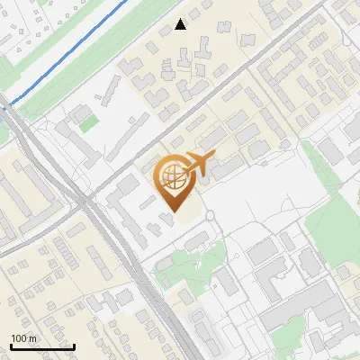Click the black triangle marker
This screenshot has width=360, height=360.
tap(180, 24)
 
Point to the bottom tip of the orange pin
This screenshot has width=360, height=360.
tap(171, 212)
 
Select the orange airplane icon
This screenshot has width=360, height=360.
tap(201, 164)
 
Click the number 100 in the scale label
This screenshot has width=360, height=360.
tap(19, 338)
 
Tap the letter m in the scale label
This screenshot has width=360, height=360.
tap(32, 338)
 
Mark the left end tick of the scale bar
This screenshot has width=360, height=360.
tap(11, 346)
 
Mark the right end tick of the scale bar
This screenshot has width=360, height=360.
tap(73, 346)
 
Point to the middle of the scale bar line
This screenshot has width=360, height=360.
tap(41, 346)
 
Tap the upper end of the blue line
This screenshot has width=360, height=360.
tap(126, 1)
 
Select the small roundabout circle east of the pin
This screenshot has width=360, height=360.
tap(210, 216)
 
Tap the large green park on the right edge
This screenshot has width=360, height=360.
tap(337, 216)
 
